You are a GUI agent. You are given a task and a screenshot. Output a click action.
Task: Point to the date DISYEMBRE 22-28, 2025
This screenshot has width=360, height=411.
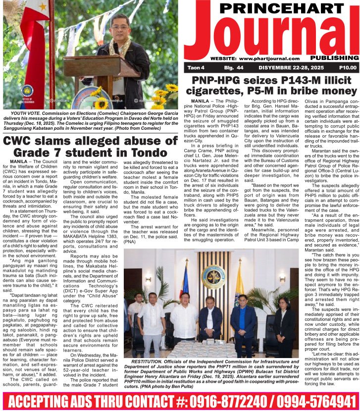point(289,67)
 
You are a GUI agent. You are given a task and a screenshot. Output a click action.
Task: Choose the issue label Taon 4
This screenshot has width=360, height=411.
point(197,67)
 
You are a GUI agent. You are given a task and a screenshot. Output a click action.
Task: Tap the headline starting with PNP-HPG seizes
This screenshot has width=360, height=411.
point(271,86)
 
